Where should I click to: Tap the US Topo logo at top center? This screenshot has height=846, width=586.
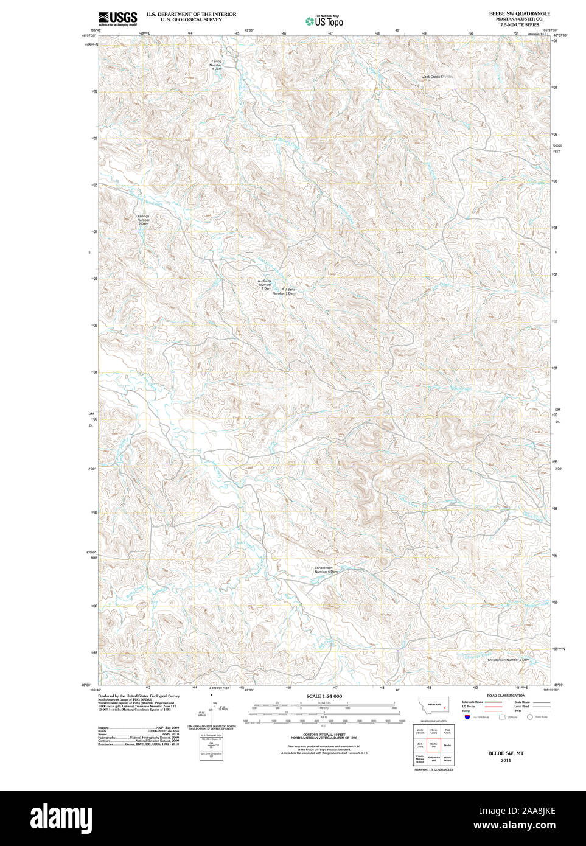pos(325,21)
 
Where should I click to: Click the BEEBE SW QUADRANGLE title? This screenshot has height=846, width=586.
pos(519,13)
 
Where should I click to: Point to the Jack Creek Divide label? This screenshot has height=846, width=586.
pos(438,77)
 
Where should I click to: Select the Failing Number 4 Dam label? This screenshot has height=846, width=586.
pos(217,65)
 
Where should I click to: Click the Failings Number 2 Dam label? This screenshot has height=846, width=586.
pos(143,220)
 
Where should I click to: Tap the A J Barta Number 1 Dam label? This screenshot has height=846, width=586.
pos(265,284)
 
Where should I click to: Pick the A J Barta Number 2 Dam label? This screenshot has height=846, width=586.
pos(284,291)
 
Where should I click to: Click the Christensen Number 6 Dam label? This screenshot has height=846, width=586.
pos(326,570)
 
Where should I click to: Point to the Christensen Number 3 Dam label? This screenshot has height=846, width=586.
pos(508,660)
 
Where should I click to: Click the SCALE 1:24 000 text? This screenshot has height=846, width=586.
pos(324,696)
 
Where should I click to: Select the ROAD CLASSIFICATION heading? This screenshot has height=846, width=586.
pos(506,696)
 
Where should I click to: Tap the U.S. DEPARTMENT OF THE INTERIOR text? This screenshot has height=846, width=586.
pos(191,13)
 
